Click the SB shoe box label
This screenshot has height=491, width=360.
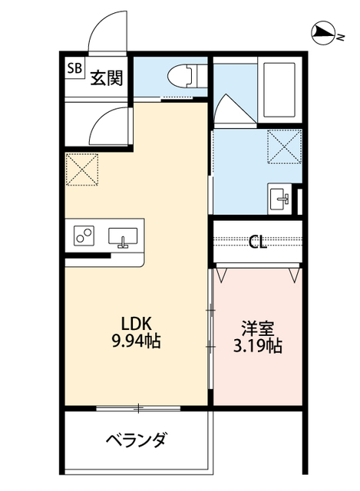75,68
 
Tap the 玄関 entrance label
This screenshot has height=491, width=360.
106,78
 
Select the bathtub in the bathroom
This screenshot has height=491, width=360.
279,91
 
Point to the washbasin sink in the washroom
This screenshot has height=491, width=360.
280,199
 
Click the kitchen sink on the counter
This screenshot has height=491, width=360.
123,237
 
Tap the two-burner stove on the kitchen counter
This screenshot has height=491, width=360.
84,236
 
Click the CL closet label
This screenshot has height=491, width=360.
258,242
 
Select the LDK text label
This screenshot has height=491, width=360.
137,324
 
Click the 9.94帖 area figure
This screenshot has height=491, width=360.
137,341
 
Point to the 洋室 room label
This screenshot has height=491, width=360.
258,328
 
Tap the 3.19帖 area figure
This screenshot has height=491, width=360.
258,346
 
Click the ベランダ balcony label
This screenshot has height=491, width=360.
137,440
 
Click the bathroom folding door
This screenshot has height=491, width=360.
234,110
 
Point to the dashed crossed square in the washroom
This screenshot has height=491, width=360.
285,147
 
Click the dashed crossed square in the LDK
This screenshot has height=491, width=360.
82,169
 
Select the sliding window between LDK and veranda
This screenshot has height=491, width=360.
138,408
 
